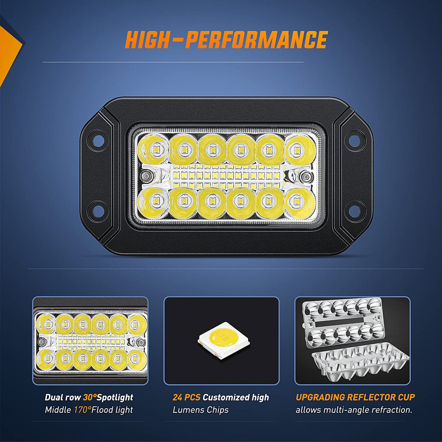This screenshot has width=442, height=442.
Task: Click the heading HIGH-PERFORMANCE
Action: [x=226, y=40]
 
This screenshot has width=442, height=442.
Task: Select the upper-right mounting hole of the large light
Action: [x=355, y=139]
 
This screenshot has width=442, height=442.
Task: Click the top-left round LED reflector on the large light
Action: [x=153, y=149]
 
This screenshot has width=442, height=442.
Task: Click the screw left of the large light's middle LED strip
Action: [x=145, y=176]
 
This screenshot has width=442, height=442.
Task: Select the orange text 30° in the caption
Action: [x=90, y=397]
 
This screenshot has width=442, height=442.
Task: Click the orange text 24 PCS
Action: [x=186, y=397]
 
